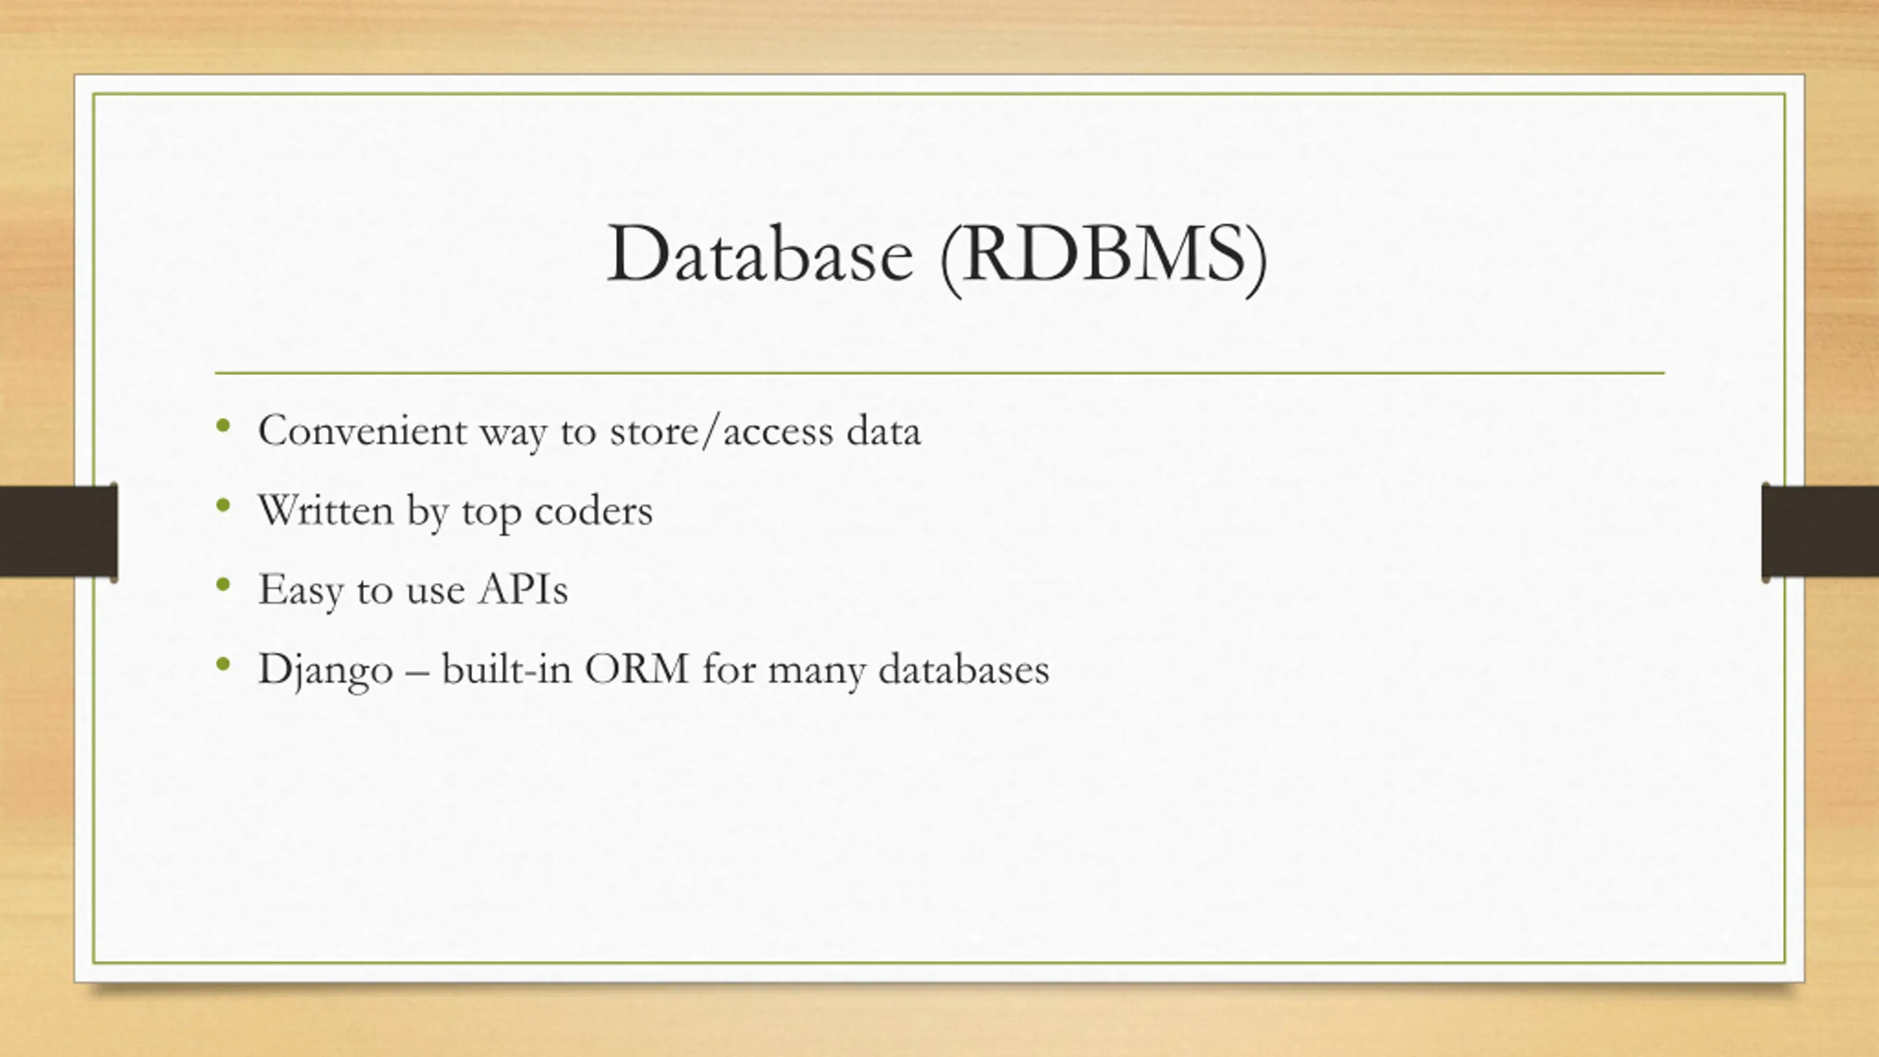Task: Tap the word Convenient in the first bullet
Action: coord(362,430)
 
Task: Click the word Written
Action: coord(326,510)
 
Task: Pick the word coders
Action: coord(593,511)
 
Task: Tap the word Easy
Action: coord(300,590)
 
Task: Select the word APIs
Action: coord(523,589)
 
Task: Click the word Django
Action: coord(326,670)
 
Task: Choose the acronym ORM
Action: coord(636,669)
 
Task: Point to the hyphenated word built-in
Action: coord(506,669)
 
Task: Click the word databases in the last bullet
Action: coord(964,669)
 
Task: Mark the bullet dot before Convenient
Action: coord(224,426)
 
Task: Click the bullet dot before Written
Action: coord(224,505)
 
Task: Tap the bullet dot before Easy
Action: coord(224,585)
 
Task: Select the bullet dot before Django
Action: coord(224,664)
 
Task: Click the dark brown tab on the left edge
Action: coord(58,531)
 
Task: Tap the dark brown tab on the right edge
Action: coord(1820,531)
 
